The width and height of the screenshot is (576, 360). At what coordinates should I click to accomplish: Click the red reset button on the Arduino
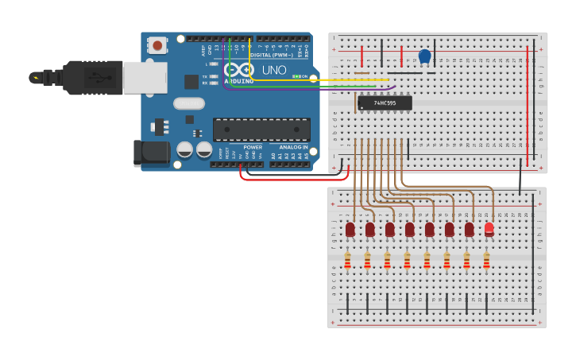click(158, 45)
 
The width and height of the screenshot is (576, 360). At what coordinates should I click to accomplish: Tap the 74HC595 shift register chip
click(385, 103)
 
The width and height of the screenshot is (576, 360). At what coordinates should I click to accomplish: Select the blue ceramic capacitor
click(424, 56)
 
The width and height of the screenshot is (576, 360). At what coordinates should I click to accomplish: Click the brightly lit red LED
click(489, 229)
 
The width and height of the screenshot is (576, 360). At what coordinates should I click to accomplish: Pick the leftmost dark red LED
click(350, 229)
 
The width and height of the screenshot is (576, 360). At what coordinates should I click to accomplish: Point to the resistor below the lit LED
click(486, 261)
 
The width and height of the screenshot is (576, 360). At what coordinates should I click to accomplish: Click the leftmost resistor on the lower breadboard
click(347, 261)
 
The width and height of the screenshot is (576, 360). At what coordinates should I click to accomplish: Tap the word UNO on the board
click(274, 70)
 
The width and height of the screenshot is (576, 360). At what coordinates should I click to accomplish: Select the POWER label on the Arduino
click(253, 147)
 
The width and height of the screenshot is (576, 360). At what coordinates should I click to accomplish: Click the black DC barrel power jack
click(151, 153)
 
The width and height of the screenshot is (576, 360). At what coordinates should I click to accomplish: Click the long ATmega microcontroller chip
click(261, 130)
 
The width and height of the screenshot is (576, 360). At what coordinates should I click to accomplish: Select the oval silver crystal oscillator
click(189, 103)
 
